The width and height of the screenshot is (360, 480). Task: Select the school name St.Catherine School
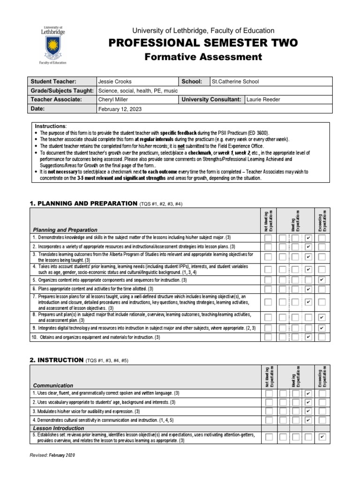(235, 82)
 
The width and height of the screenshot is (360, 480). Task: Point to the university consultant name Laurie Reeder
(264, 99)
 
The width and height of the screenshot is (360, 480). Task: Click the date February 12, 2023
(120, 109)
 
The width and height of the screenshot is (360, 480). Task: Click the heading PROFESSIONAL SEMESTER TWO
(203, 43)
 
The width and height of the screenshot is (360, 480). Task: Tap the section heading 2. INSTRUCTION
(56, 360)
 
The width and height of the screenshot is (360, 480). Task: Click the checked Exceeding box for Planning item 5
(322, 280)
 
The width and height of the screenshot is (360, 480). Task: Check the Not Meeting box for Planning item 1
(268, 238)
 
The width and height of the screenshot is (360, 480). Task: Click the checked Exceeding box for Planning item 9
(322, 328)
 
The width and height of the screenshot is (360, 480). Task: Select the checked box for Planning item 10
(308, 337)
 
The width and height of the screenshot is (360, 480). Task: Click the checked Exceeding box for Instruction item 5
(322, 437)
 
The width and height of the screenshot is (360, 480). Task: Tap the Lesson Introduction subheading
(58, 428)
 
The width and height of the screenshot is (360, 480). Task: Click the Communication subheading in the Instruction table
(52, 385)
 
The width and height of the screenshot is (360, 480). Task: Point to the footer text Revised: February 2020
(52, 455)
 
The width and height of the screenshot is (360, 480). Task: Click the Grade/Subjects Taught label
(62, 90)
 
